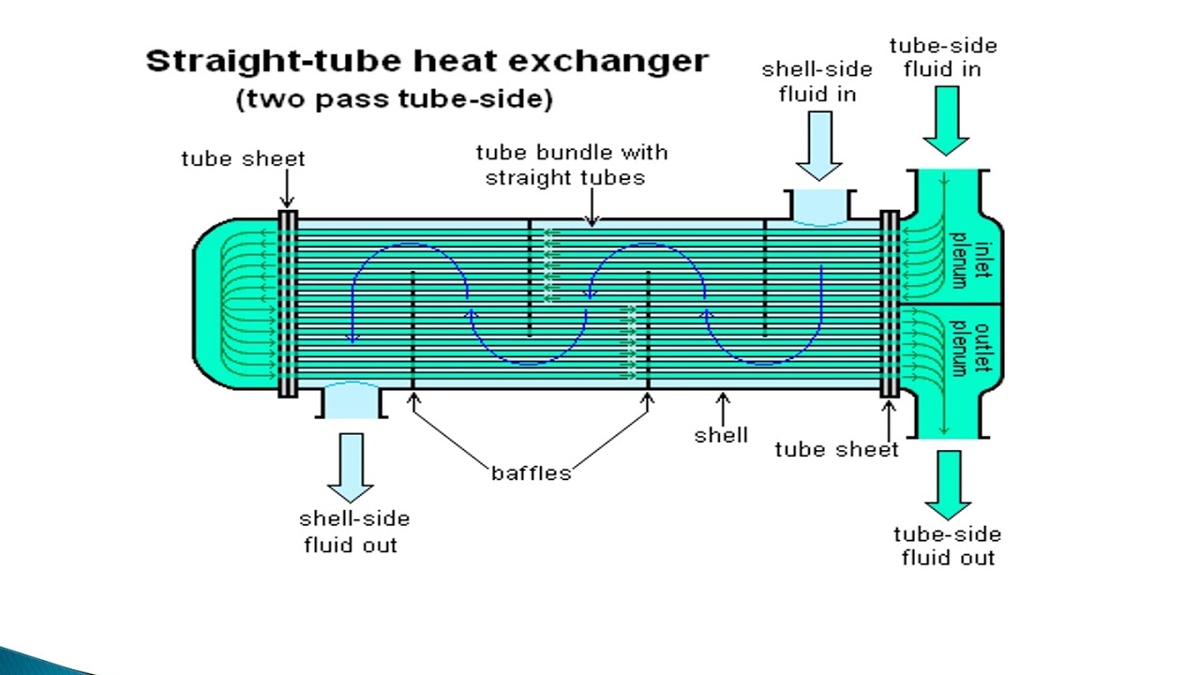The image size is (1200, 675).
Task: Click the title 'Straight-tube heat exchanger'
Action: coord(427,62)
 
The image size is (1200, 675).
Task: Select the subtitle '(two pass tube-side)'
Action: coord(395,99)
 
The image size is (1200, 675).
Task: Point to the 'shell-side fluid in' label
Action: coord(817,82)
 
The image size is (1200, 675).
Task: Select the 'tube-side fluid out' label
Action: coord(947,546)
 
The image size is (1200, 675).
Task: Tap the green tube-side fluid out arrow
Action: coord(948,484)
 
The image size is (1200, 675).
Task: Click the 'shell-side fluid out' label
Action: coord(353,532)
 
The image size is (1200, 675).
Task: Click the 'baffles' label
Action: coord(531,472)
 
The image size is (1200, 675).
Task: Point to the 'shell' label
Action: coord(721,435)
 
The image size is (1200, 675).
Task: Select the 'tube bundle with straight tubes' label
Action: coord(571,164)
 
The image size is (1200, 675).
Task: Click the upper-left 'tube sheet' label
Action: coord(243,158)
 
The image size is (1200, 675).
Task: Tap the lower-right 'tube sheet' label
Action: coord(836,450)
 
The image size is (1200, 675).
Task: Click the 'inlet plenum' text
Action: coord(969,261)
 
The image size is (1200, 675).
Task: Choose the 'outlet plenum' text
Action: coord(969,349)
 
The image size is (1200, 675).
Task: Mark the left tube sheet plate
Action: coord(288,303)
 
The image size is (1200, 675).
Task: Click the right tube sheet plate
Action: coord(890,303)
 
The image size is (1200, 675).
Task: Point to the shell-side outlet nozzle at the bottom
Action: coord(351,401)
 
